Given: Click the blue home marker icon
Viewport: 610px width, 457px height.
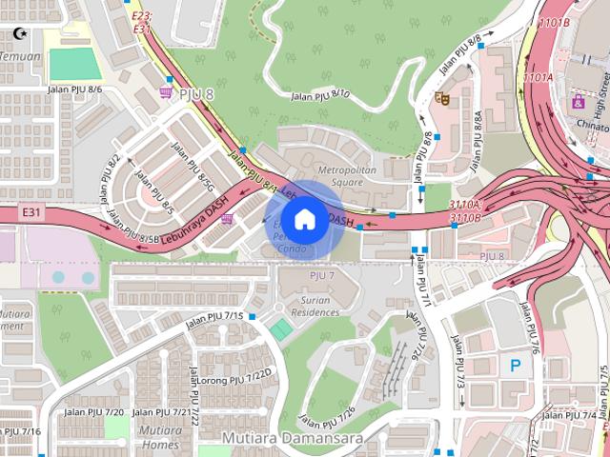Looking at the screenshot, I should click(x=304, y=220).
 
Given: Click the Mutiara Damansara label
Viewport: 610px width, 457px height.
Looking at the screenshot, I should click(x=281, y=438).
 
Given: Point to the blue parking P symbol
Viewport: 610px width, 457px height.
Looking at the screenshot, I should click(x=515, y=364).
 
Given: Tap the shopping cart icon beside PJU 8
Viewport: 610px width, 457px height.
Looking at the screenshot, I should click(x=167, y=92).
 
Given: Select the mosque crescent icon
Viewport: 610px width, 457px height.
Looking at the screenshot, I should click(x=17, y=34).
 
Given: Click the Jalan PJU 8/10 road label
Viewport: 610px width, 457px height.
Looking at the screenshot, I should click(x=320, y=94).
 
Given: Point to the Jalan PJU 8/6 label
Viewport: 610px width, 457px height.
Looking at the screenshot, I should click(x=74, y=89).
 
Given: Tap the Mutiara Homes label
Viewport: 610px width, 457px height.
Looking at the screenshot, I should click(x=159, y=437).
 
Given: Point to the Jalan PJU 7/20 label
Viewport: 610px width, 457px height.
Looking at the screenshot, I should click(x=100, y=411).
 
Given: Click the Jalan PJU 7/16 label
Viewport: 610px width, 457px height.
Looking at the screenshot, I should click(x=19, y=431).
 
